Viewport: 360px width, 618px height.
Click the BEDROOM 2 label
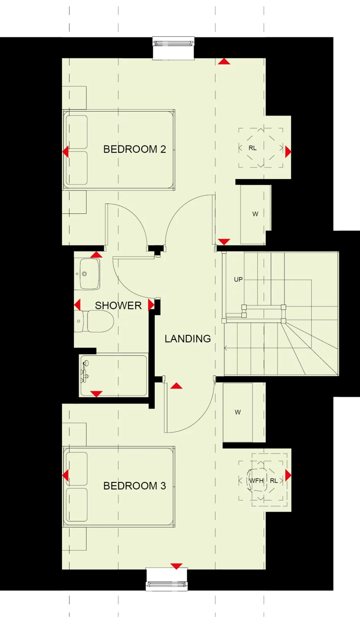coord(134,149)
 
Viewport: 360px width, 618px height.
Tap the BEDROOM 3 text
coord(134,486)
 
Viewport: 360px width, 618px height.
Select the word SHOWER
coord(118,305)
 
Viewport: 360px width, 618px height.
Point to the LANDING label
coord(188,339)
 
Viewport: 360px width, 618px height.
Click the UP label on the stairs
coord(238,279)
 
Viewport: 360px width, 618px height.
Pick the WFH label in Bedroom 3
coord(256,480)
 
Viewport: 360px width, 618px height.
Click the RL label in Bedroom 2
coord(252,148)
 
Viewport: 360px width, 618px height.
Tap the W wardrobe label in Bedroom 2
coord(255,214)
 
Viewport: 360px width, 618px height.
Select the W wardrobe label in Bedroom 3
coord(238,412)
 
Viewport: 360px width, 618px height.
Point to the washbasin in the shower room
coord(89,274)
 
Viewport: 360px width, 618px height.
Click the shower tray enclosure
coord(114,376)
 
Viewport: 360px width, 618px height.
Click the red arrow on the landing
coord(176,386)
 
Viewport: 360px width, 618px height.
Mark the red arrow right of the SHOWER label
coord(151,305)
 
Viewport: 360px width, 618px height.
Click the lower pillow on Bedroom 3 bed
coord(76,504)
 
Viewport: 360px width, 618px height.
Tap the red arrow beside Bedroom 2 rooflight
coord(288,152)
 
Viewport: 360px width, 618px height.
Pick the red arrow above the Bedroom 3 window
coord(176,566)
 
